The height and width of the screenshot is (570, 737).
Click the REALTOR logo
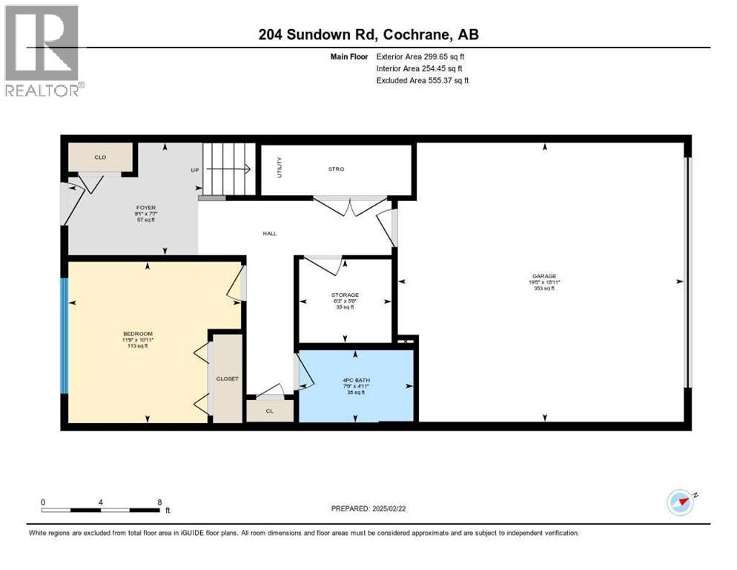(44, 50)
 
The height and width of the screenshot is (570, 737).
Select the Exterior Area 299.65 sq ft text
(420, 56)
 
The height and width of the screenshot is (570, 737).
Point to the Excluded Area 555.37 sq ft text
(423, 80)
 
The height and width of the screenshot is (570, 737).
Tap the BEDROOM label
(138, 334)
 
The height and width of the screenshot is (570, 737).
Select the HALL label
(269, 234)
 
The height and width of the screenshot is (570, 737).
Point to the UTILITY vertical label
(280, 170)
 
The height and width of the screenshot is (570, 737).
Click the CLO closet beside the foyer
(100, 157)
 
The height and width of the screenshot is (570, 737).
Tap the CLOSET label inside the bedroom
(227, 379)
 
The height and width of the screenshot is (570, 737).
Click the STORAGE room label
(345, 295)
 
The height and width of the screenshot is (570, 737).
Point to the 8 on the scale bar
(159, 502)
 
